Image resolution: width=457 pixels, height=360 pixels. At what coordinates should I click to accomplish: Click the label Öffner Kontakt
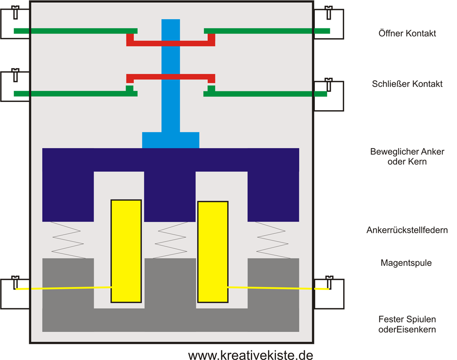pyautogui.click(x=407, y=33)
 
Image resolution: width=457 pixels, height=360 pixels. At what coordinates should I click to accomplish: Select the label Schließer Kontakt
pyautogui.click(x=407, y=84)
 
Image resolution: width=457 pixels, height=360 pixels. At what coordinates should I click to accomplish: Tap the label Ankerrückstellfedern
pyautogui.click(x=407, y=230)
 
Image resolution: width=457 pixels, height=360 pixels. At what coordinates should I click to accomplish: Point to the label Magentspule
pyautogui.click(x=406, y=263)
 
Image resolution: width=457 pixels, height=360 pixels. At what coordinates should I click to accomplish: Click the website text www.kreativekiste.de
pyautogui.click(x=250, y=355)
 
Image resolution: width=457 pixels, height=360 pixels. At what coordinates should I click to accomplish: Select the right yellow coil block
pyautogui.click(x=213, y=252)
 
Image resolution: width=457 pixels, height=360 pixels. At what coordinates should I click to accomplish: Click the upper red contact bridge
pyautogui.click(x=170, y=43)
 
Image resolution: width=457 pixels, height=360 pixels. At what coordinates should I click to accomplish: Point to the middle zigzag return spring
pyautogui.click(x=170, y=240)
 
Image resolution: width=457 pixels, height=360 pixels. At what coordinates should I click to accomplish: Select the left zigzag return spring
pyautogui.click(x=68, y=240)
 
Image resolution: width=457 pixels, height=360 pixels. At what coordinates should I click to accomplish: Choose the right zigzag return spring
pyautogui.click(x=273, y=240)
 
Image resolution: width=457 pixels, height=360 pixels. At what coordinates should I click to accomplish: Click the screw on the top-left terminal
pyautogui.click(x=15, y=12)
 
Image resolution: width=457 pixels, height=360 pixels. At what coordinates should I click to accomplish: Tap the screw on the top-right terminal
pyautogui.click(x=329, y=12)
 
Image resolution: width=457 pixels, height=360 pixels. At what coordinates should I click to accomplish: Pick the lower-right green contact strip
pyautogui.click(x=265, y=94)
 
